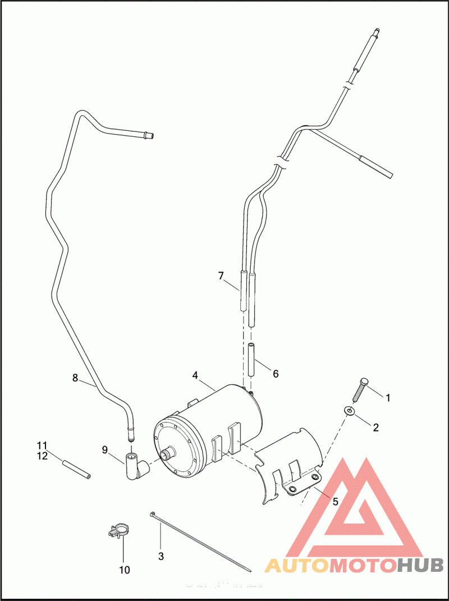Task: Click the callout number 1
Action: point(387,397)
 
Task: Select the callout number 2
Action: point(376,428)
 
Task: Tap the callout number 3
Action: point(161,557)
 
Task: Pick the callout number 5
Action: point(336,502)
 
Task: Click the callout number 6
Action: point(276,374)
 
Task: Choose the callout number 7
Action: point(221,276)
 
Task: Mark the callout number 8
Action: point(75,378)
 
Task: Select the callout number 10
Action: point(125,570)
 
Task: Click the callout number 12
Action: point(43,456)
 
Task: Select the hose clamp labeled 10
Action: point(118,531)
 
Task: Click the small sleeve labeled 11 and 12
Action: point(76,469)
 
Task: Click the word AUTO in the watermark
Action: point(296,566)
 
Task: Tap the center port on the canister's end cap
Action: point(167,454)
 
